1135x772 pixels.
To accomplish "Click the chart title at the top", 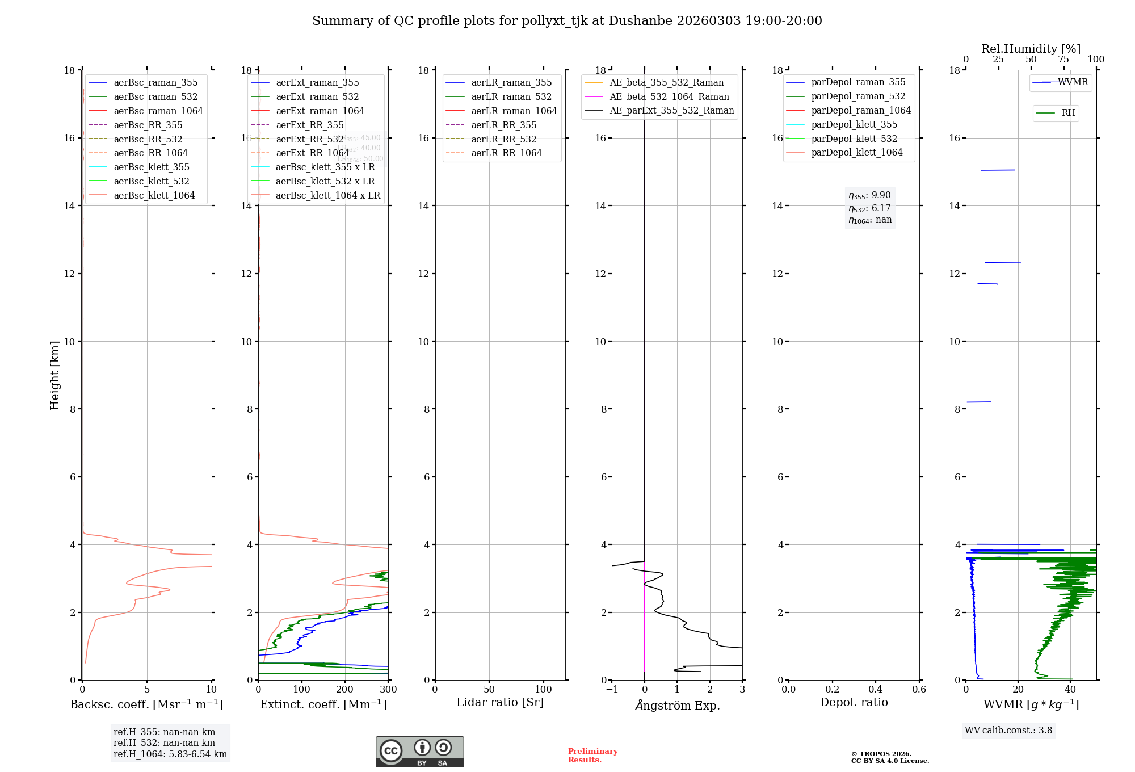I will [567, 21].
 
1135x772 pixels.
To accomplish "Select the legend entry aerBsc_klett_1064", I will [154, 195].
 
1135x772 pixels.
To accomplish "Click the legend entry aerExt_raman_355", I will [317, 83].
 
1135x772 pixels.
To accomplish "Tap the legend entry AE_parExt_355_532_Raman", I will [671, 111].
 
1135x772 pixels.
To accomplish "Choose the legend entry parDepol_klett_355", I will [854, 124].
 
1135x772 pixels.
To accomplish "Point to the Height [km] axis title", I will [54, 375].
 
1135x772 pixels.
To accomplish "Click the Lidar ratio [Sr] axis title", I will [500, 702].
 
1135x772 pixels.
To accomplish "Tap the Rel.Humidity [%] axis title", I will [1031, 49].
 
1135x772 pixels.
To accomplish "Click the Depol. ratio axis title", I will [854, 702].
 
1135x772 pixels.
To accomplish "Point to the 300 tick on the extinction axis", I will [389, 690].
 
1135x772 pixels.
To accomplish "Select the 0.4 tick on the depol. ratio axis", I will [876, 690].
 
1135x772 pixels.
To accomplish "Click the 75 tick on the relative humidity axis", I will [1063, 60].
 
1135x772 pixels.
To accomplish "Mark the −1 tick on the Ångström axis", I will [612, 690].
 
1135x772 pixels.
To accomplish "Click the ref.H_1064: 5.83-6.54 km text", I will [170, 754].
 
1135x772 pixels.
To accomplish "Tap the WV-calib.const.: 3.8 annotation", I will [1008, 731].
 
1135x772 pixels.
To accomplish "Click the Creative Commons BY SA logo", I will [419, 752].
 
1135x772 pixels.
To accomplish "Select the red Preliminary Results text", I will [592, 756].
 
